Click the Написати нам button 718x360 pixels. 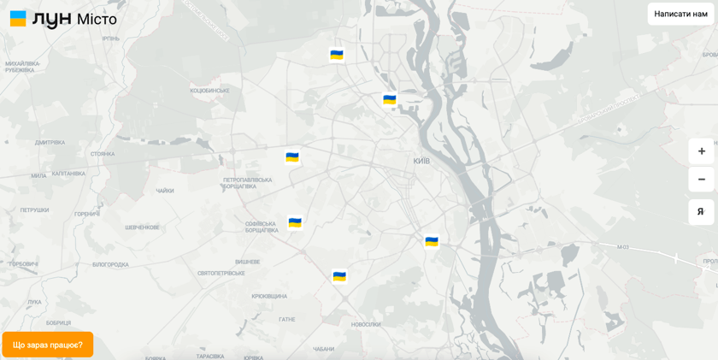pos(680,14)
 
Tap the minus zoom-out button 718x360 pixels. pos(701,180)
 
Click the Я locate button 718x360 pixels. pos(701,212)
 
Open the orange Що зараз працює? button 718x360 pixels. pos(48,345)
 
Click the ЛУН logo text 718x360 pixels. pos(51,19)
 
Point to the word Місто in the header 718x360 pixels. pos(97,19)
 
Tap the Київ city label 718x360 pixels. pos(421,161)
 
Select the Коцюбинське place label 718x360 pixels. pos(209,90)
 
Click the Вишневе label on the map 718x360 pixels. pos(247,262)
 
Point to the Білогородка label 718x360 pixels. pos(110,264)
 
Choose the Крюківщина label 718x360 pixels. pos(268,296)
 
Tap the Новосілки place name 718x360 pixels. pos(366,324)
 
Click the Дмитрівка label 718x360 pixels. pos(50,143)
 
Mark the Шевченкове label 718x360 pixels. pos(142,227)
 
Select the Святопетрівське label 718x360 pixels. pos(221,274)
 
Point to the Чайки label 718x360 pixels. pos(165,191)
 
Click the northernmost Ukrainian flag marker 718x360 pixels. pos(337,55)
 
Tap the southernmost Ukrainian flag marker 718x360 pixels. pos(339,276)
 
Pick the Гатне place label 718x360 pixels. pos(286,319)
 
